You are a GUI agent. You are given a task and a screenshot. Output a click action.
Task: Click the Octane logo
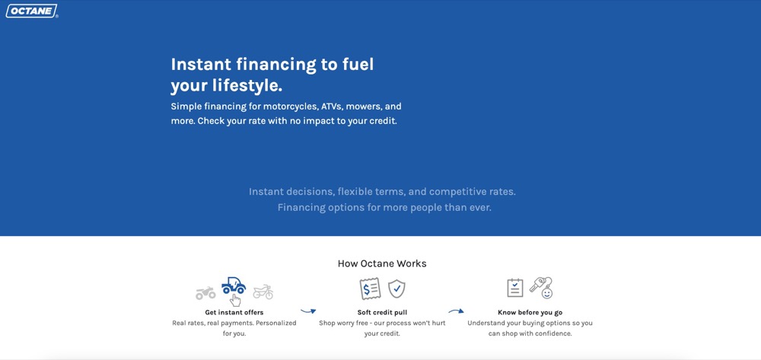[x=31, y=11]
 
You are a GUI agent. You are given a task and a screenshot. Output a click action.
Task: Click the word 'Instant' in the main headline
[x=200, y=65]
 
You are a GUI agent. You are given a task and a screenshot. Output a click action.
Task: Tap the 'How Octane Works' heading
[x=382, y=264]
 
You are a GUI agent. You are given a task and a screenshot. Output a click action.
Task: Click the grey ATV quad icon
[x=205, y=292]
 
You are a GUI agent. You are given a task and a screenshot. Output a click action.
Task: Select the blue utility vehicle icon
[x=234, y=285]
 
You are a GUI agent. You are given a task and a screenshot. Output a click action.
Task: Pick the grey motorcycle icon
[x=263, y=292]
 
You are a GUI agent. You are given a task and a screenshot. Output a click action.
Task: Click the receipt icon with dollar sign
[x=371, y=288]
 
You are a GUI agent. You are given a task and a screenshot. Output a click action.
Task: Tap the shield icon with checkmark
[x=397, y=288]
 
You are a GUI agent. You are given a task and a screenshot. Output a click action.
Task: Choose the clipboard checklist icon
[x=515, y=288]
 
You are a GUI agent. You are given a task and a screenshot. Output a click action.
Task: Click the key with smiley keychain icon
[x=542, y=288]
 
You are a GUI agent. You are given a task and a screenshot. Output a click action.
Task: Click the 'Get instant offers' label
[x=234, y=313]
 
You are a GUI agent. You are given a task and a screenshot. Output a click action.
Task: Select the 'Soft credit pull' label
[x=382, y=313]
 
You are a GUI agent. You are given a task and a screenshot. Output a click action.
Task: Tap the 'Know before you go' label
[x=530, y=313]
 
